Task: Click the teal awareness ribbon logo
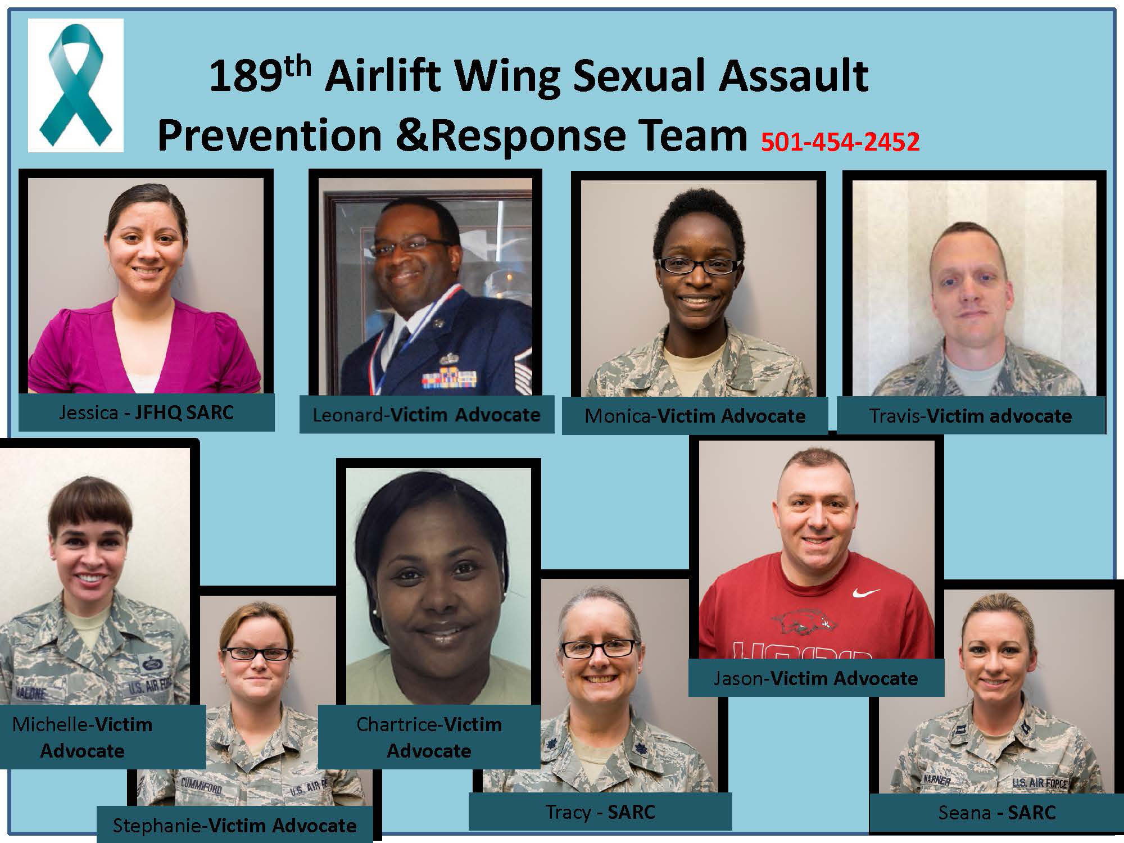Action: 75,85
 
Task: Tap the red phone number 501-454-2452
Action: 841,141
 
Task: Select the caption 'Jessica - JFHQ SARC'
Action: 146,413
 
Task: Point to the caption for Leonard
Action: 426,415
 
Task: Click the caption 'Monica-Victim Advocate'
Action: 695,416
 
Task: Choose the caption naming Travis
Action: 970,416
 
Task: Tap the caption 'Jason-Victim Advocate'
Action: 815,678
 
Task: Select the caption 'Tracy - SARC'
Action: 600,812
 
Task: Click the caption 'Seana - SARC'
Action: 997,813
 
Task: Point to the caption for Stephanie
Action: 234,826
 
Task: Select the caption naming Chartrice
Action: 429,737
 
